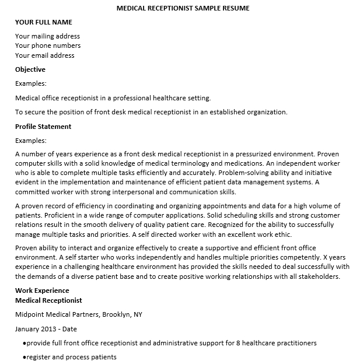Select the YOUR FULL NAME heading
coord(44,22)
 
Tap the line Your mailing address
coord(47,36)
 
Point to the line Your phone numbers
coord(48,45)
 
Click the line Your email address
coord(45,55)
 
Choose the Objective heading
coord(30,69)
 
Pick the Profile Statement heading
coord(43,127)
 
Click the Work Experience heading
coord(42,290)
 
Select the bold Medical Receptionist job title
coord(48,300)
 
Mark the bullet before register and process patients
coord(24,358)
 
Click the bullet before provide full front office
coord(24,343)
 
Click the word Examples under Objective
coord(31,84)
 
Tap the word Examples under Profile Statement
coord(31,141)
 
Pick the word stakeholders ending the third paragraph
coord(319,276)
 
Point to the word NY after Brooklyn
coord(138,314)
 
